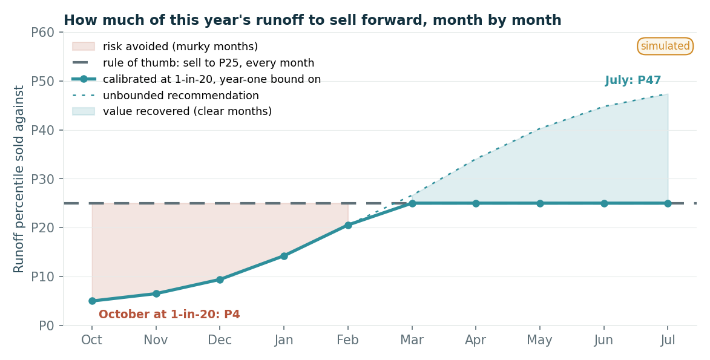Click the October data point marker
(93, 301)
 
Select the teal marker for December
(220, 280)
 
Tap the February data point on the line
(348, 225)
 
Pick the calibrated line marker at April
(476, 203)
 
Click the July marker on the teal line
(668, 203)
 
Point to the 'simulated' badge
(665, 46)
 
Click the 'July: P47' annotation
(633, 80)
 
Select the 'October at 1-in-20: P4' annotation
(169, 314)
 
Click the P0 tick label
(46, 326)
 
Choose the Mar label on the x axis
(412, 340)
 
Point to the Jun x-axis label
(603, 340)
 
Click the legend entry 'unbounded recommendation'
(180, 96)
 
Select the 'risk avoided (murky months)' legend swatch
(84, 46)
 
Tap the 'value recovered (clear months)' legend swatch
(84, 111)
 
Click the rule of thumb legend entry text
(208, 63)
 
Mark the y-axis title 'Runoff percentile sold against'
(19, 179)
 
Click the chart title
(312, 21)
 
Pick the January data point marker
(284, 256)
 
